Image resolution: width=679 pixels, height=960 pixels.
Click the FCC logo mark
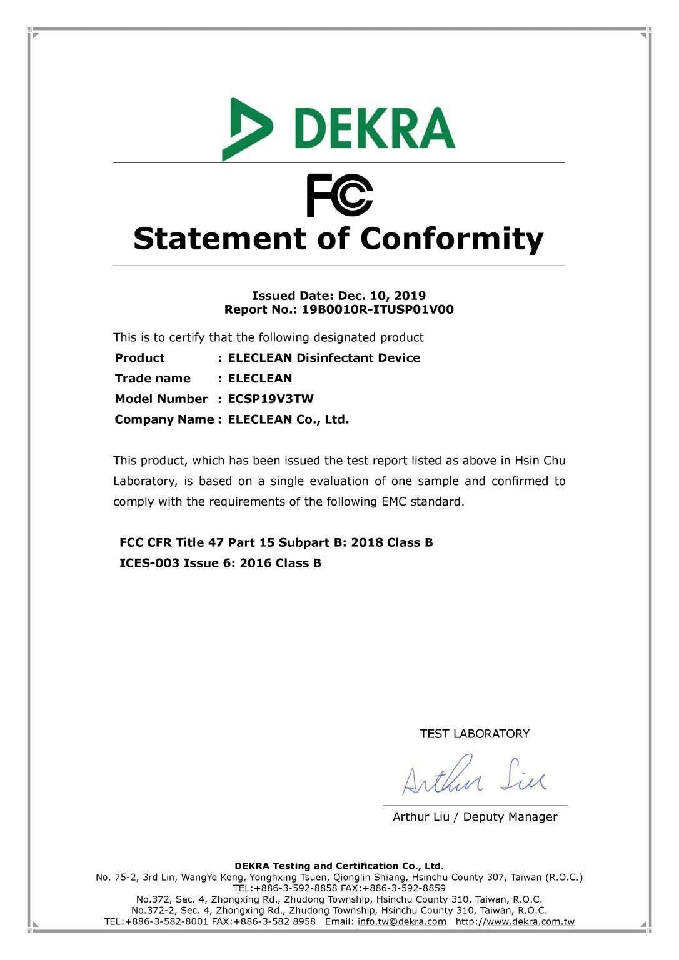[339, 195]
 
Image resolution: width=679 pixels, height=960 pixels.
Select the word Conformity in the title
[451, 239]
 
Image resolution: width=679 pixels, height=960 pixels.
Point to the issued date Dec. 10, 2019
[382, 296]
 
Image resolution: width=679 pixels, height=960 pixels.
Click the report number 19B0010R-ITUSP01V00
[378, 309]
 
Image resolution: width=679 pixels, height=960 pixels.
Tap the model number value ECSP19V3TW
[271, 399]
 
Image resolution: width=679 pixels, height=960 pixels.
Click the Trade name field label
[153, 378]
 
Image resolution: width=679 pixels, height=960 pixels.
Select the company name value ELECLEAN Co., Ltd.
[288, 419]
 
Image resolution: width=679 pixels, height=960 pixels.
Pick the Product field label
[139, 358]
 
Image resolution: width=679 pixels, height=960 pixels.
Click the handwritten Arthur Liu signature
[473, 777]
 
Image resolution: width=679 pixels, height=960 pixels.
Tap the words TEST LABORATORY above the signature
[475, 734]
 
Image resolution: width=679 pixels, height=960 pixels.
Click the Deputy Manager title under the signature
[510, 817]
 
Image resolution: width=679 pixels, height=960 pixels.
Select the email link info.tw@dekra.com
[402, 921]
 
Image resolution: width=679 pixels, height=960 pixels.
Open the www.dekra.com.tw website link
[530, 921]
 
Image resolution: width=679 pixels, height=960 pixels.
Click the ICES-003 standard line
[220, 563]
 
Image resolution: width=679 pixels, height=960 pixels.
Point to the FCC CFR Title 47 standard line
[276, 542]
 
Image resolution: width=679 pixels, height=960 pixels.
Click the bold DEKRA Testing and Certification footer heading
[339, 866]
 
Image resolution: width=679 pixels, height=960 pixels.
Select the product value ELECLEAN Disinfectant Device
[324, 358]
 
